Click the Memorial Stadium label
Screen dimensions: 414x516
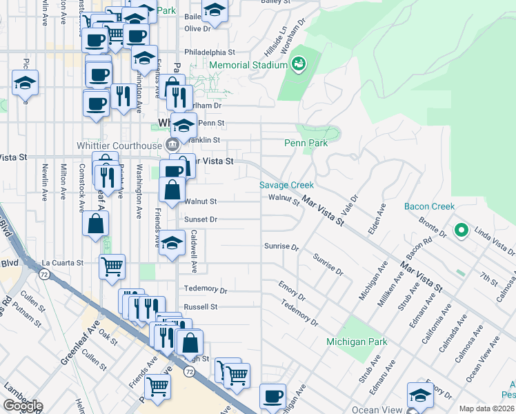click(x=248, y=65)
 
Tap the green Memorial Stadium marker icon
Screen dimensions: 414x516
click(x=299, y=65)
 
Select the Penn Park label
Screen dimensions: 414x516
click(x=306, y=143)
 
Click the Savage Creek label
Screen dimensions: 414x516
click(x=286, y=185)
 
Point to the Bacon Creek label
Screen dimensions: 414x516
click(x=429, y=206)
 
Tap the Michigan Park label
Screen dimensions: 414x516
click(x=357, y=342)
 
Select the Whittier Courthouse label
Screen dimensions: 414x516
click(x=119, y=145)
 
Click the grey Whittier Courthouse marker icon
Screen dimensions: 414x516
click(x=172, y=145)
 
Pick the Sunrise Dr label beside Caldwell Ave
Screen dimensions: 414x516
click(x=281, y=246)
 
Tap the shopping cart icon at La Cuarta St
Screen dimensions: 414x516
click(x=112, y=265)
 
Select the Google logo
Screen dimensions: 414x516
click(x=23, y=406)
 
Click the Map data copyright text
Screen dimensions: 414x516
click(x=486, y=408)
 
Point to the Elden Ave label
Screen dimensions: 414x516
click(x=377, y=217)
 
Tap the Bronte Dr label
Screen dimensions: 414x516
click(x=432, y=230)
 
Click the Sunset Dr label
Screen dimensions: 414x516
click(x=201, y=219)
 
